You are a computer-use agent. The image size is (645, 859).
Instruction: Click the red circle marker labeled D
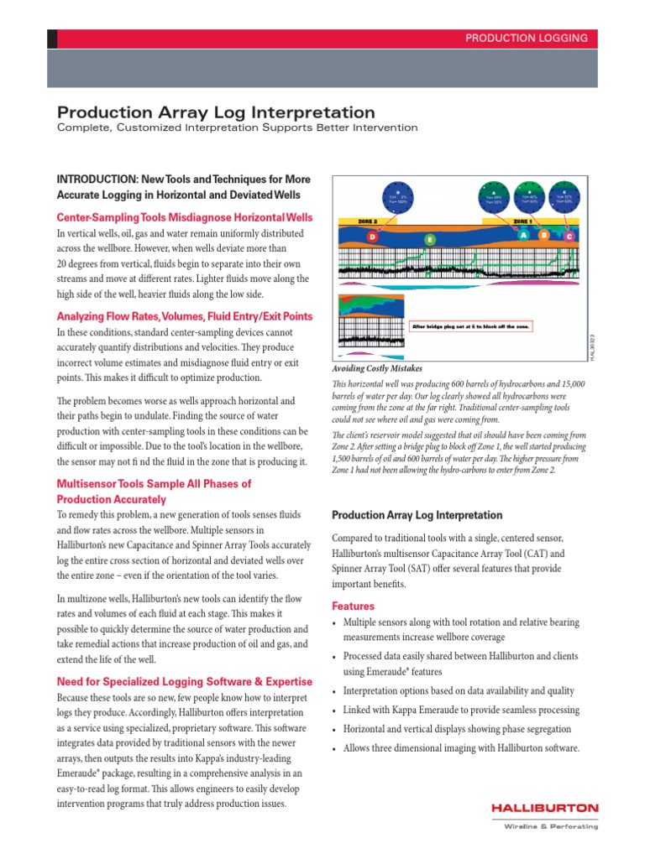click(x=372, y=238)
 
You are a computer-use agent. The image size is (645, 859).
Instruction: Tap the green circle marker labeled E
click(x=430, y=240)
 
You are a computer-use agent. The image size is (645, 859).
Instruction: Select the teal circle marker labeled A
click(x=523, y=235)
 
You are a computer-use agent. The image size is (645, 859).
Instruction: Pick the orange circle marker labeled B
click(x=544, y=235)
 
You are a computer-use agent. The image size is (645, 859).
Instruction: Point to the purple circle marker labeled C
click(x=569, y=236)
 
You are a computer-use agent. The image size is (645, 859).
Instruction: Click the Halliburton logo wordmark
click(x=545, y=808)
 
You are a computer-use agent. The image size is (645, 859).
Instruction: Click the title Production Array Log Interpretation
click(x=216, y=112)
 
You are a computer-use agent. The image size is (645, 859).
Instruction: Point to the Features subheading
click(x=354, y=606)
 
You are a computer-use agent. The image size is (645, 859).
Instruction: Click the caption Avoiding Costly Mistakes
click(x=377, y=368)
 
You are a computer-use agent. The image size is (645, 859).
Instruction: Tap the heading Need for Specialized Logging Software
click(x=184, y=681)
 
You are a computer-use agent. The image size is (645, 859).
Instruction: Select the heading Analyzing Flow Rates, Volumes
click(x=184, y=316)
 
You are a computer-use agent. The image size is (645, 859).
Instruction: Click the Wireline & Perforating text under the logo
click(x=551, y=826)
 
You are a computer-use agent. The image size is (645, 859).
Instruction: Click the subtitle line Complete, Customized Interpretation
click(x=237, y=128)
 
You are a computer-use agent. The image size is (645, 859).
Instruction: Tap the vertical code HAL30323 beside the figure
click(x=591, y=348)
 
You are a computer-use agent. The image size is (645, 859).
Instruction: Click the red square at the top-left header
click(x=53, y=38)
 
